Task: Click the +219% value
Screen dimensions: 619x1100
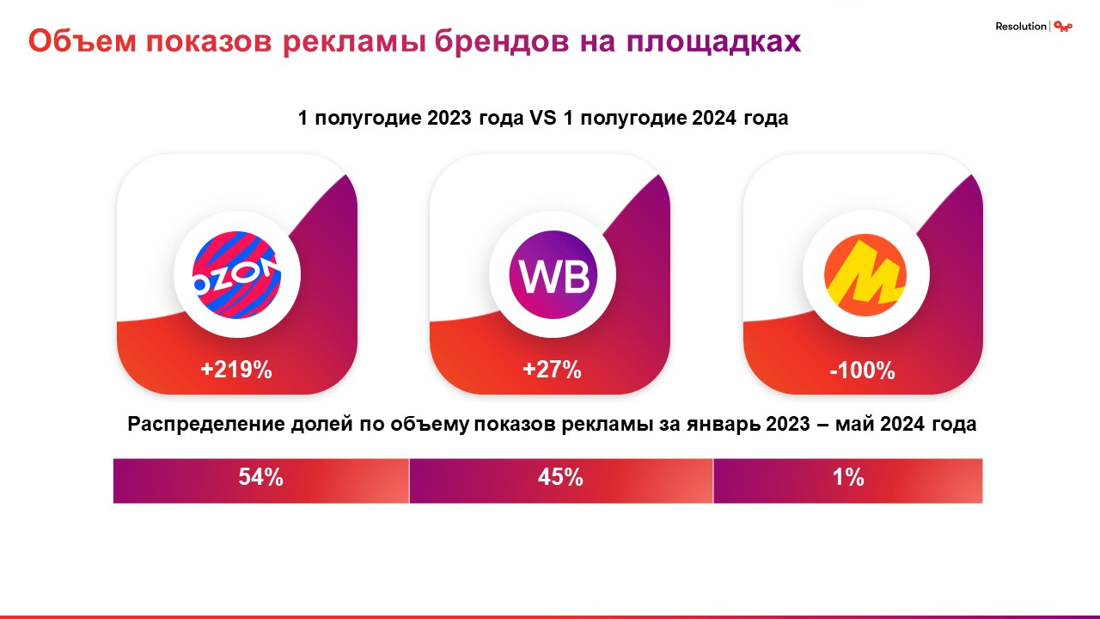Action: [x=236, y=371]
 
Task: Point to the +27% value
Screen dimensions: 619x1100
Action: [x=552, y=371]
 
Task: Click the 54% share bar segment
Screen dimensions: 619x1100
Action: [x=261, y=479]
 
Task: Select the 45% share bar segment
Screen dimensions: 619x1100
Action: [x=560, y=479]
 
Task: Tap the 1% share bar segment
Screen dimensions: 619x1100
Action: [x=847, y=479]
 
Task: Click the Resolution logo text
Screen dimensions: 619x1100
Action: [x=1021, y=27]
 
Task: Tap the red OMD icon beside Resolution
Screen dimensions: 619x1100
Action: [x=1063, y=27]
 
